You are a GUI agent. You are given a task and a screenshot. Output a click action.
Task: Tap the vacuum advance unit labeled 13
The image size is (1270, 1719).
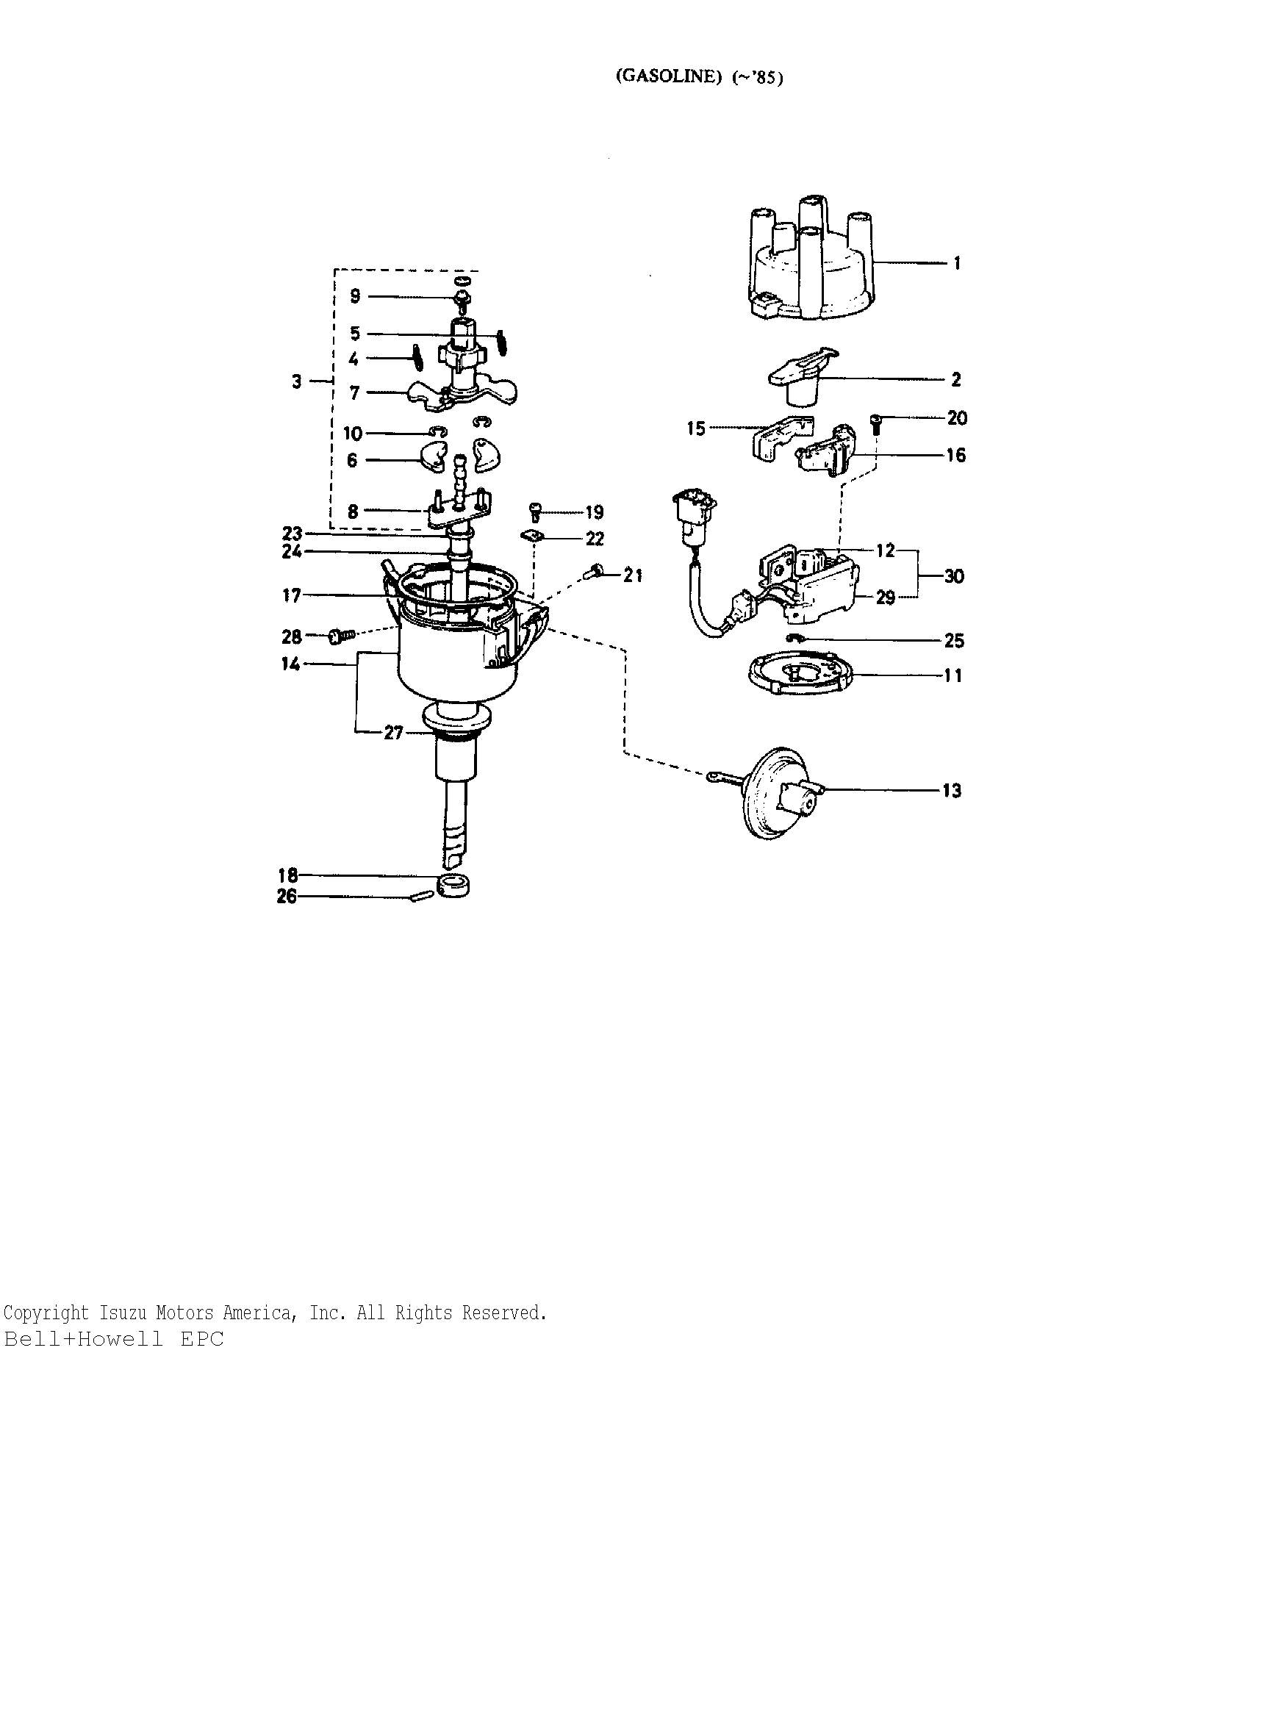point(769,792)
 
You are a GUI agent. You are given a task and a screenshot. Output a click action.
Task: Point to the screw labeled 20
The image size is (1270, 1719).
point(875,424)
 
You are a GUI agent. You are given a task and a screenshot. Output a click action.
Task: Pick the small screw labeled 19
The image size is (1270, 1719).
point(537,512)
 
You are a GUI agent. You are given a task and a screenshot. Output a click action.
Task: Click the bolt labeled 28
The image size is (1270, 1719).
point(341,636)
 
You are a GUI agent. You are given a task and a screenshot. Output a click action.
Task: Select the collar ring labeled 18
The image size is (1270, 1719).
point(453,885)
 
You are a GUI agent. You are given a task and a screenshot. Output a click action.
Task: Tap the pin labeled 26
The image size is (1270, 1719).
point(420,896)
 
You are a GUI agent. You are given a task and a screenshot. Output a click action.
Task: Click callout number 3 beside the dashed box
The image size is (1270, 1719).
point(297,381)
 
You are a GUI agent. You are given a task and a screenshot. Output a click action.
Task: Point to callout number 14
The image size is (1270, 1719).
point(290,664)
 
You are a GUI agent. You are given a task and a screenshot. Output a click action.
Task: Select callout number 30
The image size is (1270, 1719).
point(954,576)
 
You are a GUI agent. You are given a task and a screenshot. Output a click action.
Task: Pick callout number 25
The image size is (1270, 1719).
point(954,640)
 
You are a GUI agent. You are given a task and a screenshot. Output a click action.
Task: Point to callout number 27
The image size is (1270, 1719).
point(394,733)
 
